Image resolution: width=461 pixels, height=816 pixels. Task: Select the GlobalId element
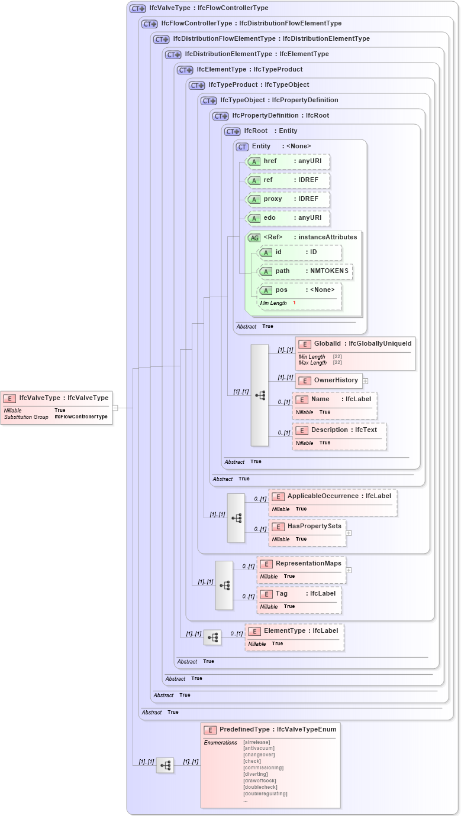355,344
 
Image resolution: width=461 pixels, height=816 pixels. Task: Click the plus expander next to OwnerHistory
366,381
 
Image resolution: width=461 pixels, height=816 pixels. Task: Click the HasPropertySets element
307,526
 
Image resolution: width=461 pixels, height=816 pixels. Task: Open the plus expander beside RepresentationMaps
349,570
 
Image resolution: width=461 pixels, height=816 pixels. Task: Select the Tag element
299,594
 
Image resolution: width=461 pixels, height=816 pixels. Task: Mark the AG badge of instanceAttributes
254,238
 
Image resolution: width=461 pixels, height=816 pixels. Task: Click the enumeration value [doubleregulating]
265,794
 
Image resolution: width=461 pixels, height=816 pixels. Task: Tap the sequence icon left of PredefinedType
165,765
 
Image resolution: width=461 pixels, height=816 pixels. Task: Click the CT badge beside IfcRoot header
232,131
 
